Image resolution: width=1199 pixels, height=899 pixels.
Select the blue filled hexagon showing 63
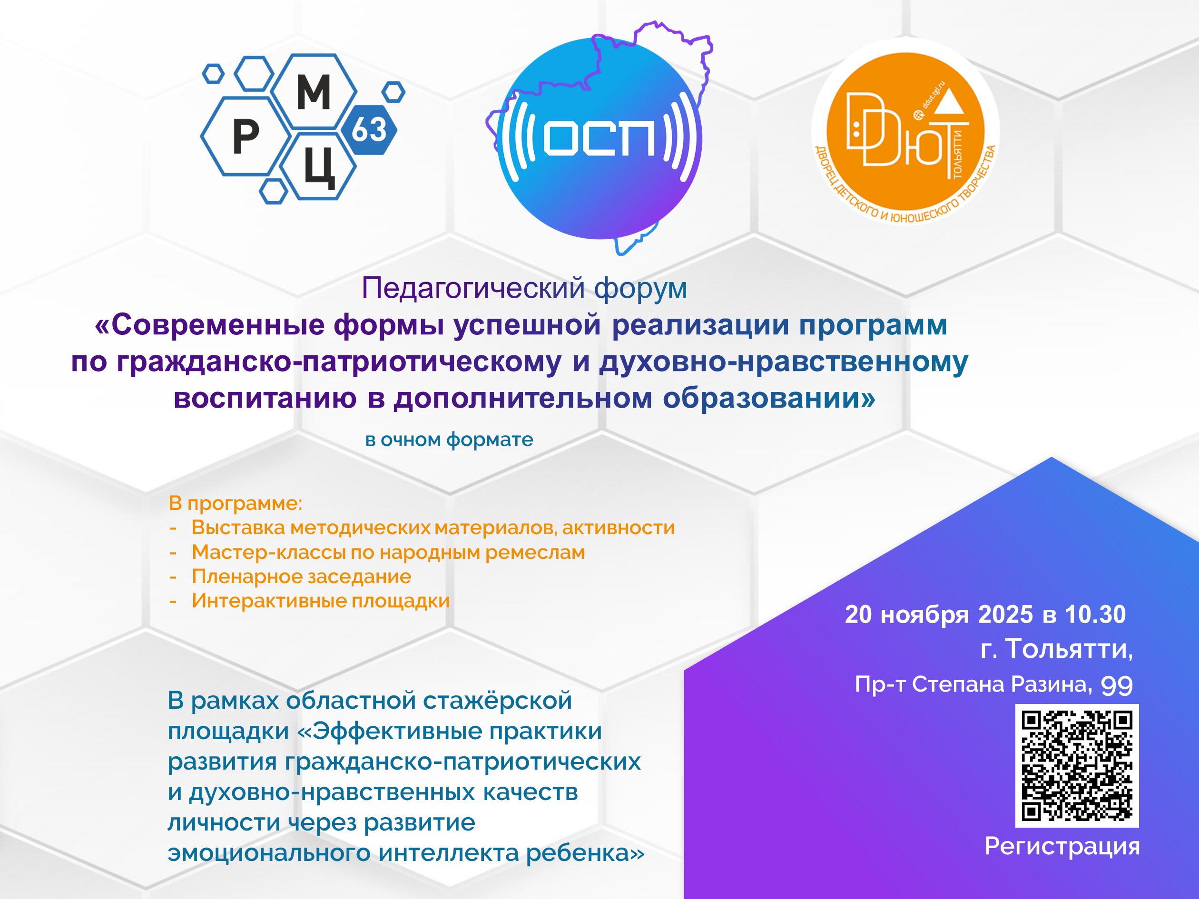(x=369, y=129)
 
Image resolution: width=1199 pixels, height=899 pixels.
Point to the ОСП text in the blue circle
(x=599, y=138)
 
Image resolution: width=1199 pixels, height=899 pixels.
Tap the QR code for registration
(x=1077, y=765)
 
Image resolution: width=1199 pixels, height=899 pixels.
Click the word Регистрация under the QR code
(x=1062, y=846)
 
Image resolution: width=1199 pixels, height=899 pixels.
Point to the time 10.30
(x=1095, y=615)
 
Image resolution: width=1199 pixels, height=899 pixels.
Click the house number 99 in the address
(x=1117, y=685)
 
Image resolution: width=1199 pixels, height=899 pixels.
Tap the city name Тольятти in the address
(x=1069, y=649)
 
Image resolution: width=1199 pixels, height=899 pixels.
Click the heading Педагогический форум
(x=524, y=288)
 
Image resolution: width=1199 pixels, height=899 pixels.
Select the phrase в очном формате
(x=449, y=440)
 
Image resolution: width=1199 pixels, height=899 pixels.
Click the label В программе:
(x=235, y=503)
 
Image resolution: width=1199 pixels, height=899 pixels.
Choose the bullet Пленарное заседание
(x=301, y=576)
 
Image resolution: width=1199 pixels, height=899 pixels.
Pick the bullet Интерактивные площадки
(x=320, y=600)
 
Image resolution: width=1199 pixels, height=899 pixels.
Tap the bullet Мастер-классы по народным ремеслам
(x=388, y=552)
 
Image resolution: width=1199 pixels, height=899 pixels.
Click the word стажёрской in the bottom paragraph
(x=498, y=700)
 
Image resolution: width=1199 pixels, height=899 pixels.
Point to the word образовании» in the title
(x=769, y=398)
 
